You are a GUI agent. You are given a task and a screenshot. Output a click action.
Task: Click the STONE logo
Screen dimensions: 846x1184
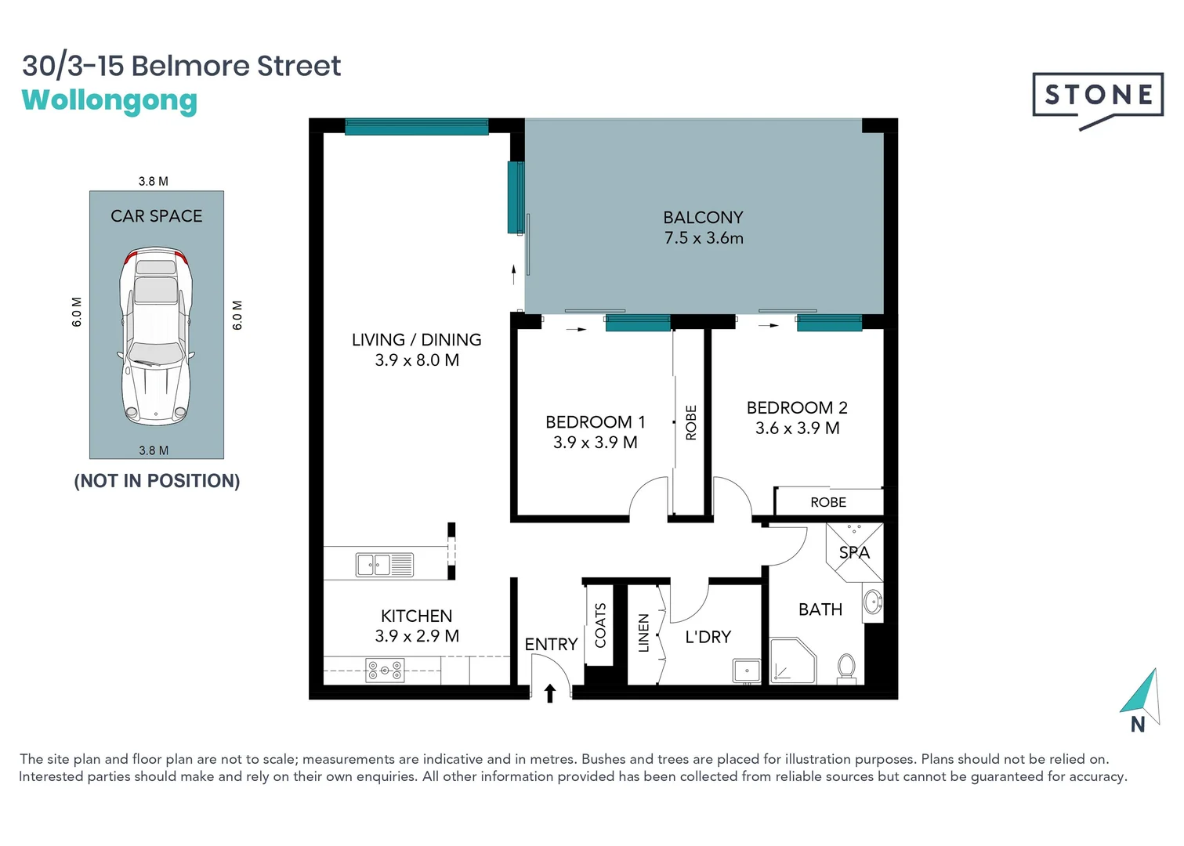tap(1097, 96)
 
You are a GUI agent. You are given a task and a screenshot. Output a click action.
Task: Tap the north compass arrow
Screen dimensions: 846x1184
tap(1142, 693)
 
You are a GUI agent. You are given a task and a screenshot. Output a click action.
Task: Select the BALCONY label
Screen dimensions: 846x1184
tap(703, 218)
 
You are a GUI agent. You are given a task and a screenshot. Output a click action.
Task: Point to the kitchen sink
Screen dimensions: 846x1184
tap(385, 564)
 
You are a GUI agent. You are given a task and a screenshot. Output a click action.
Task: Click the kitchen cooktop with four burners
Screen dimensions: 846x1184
tap(385, 671)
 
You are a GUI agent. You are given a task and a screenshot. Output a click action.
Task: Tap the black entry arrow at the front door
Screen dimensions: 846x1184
tap(550, 693)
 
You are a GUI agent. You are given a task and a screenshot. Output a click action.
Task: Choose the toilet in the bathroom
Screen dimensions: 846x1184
tap(846, 668)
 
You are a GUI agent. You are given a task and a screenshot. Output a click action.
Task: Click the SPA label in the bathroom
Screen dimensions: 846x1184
tap(854, 553)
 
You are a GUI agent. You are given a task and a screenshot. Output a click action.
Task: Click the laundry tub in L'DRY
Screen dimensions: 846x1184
tap(746, 671)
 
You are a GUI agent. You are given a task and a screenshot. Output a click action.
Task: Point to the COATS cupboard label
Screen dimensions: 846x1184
tap(600, 625)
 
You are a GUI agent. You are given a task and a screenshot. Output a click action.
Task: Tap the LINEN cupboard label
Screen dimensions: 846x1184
tap(643, 633)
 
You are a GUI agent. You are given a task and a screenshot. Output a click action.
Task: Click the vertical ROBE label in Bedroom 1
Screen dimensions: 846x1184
tap(691, 422)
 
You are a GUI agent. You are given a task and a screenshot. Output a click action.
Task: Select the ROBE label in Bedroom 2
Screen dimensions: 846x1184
tap(828, 502)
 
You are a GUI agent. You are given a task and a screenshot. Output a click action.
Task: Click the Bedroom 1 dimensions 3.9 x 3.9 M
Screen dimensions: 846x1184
tap(596, 443)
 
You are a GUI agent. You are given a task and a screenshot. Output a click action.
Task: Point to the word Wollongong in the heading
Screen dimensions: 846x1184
tap(110, 100)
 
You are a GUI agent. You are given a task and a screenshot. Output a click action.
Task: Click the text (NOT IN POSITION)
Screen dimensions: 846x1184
tap(157, 481)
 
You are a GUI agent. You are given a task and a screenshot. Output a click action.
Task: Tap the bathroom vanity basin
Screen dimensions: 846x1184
tap(872, 602)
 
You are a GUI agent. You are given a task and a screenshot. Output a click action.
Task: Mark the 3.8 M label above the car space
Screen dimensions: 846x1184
tap(154, 181)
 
